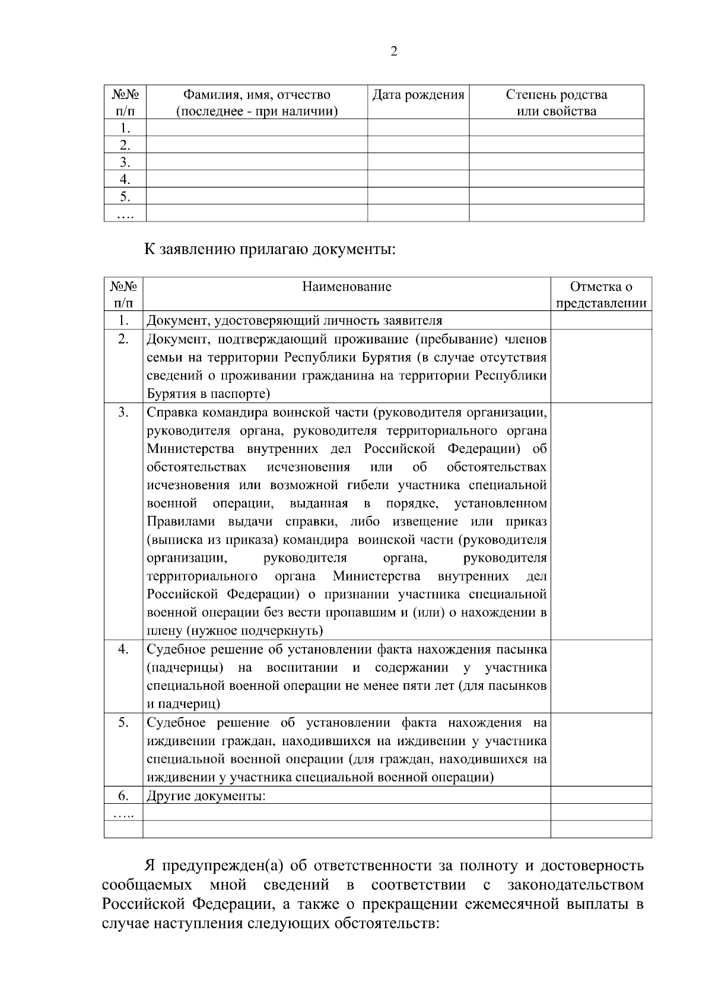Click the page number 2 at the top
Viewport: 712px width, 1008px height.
tap(394, 52)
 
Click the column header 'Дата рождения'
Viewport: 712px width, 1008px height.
tap(418, 95)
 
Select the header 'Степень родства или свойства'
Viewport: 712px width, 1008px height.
tap(556, 103)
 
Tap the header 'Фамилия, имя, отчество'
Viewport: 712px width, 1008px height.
tap(256, 95)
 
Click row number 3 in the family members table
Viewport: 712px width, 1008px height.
tap(125, 162)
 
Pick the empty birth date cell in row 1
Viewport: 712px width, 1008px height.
tap(418, 128)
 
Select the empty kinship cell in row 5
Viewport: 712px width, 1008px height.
tap(556, 196)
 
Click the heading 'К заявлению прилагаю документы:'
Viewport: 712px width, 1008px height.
tap(270, 249)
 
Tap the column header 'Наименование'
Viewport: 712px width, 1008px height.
tap(347, 287)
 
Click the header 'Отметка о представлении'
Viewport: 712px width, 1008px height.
tap(600, 295)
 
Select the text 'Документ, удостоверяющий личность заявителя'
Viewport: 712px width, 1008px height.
tap(294, 321)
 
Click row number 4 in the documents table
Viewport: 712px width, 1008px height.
tap(123, 649)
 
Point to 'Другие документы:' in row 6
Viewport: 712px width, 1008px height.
tap(206, 796)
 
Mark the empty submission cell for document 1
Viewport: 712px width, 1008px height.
tap(600, 321)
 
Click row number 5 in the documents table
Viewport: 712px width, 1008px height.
tap(123, 723)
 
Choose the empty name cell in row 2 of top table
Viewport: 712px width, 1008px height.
tap(256, 145)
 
